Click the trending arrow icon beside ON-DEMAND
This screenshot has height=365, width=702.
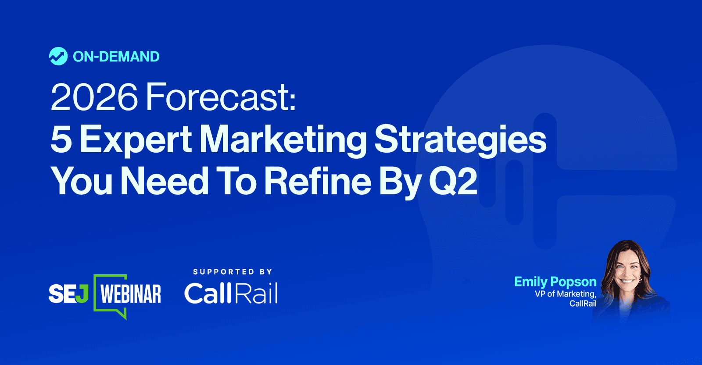point(58,57)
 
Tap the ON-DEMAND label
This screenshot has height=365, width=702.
point(116,57)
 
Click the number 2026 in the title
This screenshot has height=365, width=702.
point(94,97)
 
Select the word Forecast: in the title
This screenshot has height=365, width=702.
point(221,97)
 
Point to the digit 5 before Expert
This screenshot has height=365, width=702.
point(61,139)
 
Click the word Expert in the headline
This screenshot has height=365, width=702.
point(136,140)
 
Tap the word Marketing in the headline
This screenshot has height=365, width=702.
point(283,140)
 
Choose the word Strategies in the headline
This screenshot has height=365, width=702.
point(461,140)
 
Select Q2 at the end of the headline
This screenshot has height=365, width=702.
point(453,182)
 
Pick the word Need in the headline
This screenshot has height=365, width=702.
point(165,181)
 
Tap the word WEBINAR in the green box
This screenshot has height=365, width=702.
point(130,294)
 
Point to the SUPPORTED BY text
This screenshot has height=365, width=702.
point(233,272)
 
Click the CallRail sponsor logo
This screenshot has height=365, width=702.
point(231,293)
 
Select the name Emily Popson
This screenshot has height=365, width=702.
point(555,282)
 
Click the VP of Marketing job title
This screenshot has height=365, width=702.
point(566,294)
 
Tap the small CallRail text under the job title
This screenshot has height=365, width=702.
point(583,303)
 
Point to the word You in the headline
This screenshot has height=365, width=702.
point(82,181)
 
